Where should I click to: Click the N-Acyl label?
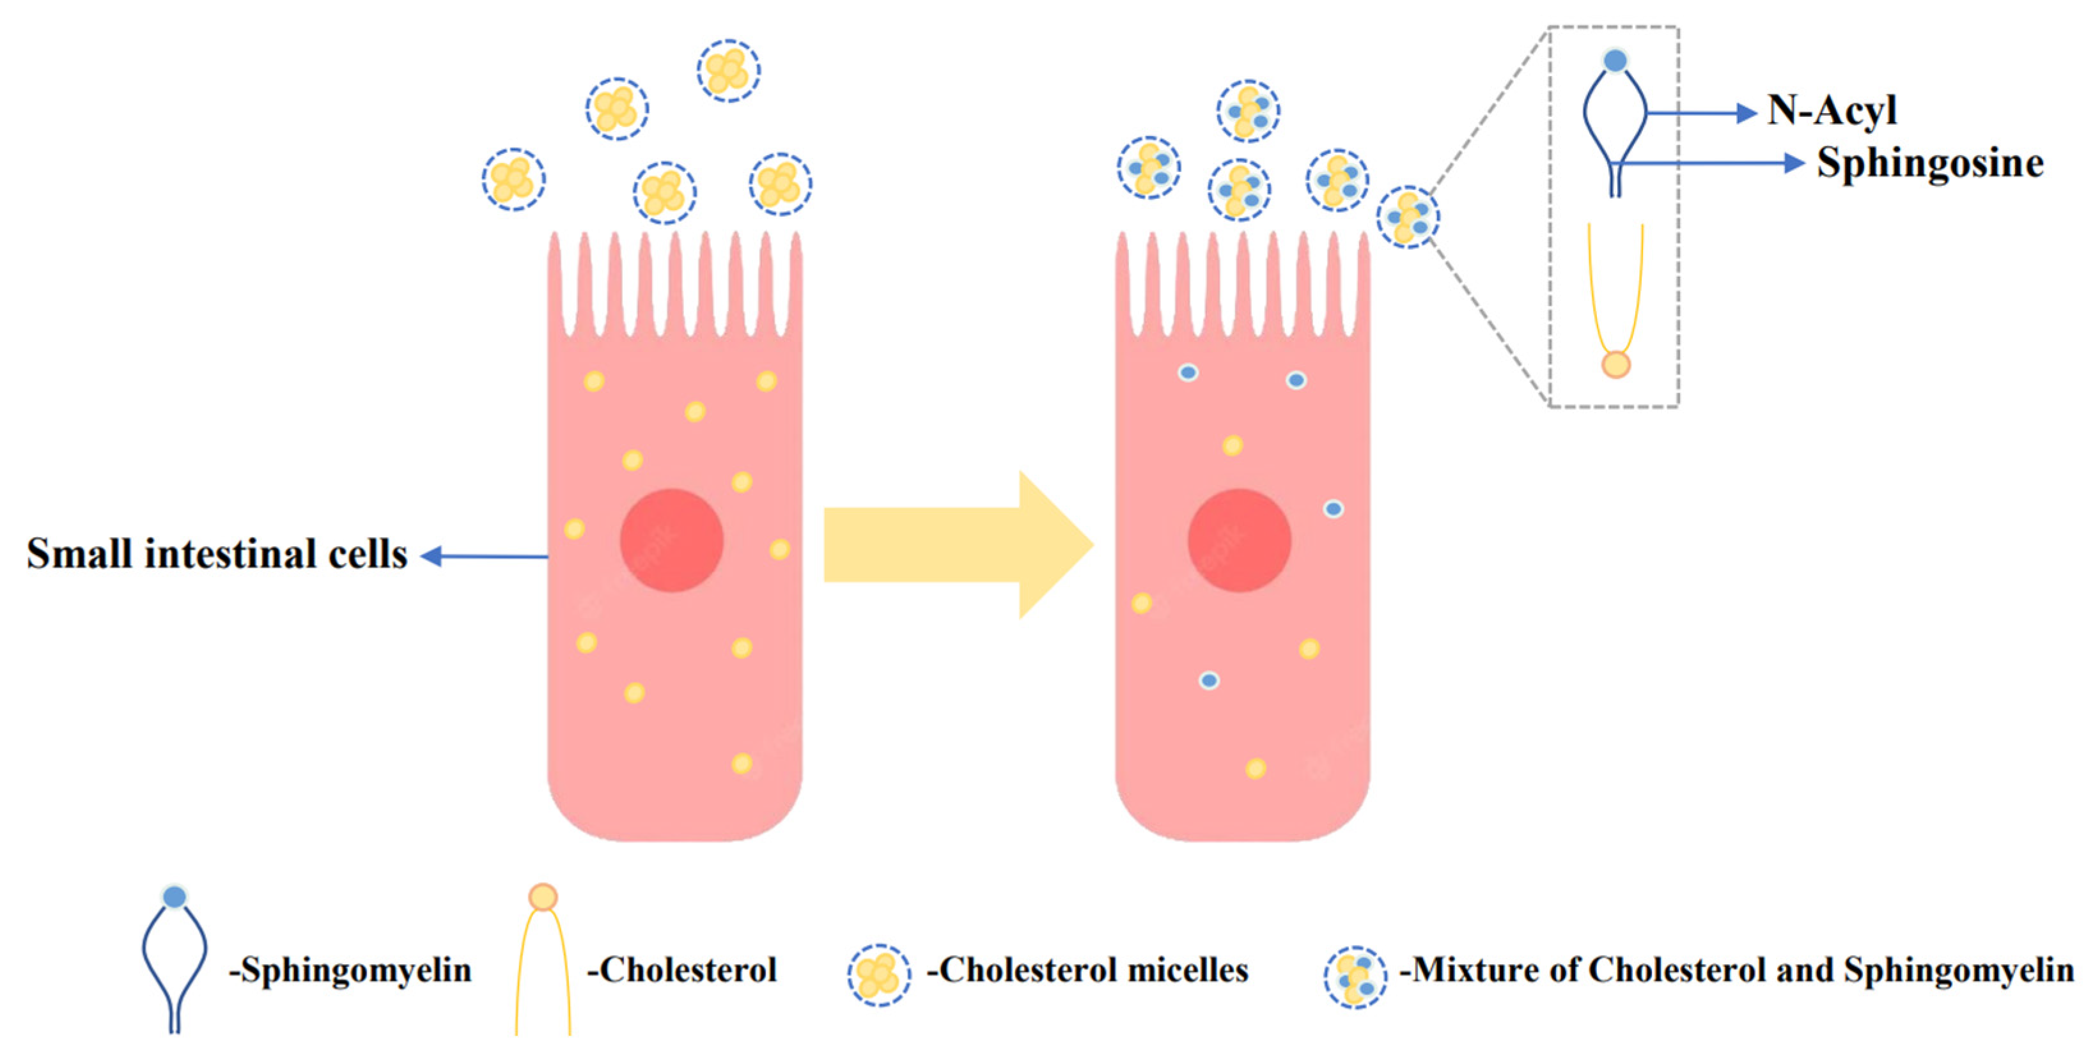[x=1832, y=111]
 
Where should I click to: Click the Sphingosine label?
[x=1930, y=164]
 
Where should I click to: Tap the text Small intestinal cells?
[x=217, y=555]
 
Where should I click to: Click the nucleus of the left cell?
[x=671, y=540]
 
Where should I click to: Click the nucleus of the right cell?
[x=1239, y=540]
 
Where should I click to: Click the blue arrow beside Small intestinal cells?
[x=484, y=557]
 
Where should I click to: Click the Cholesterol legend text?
[x=683, y=971]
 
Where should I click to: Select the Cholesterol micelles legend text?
[x=1088, y=971]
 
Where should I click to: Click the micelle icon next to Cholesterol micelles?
[x=878, y=975]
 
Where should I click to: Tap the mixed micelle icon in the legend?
[x=1355, y=977]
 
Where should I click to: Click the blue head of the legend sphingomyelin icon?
[x=175, y=896]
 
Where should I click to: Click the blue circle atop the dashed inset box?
[x=1615, y=60]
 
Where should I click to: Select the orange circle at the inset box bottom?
[x=1615, y=365]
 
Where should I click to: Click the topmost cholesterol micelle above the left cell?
[x=728, y=71]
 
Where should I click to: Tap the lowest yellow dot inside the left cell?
[x=741, y=764]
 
